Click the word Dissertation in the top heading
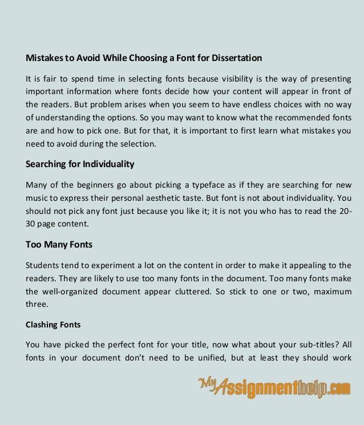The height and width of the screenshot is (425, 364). coord(234,58)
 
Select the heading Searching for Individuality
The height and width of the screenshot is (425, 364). coord(80,164)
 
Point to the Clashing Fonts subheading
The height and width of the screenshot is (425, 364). coord(53,325)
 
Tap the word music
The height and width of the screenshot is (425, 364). coord(36,198)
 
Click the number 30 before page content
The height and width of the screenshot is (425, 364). coord(31,224)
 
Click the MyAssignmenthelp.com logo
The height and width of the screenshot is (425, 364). coord(274,390)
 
